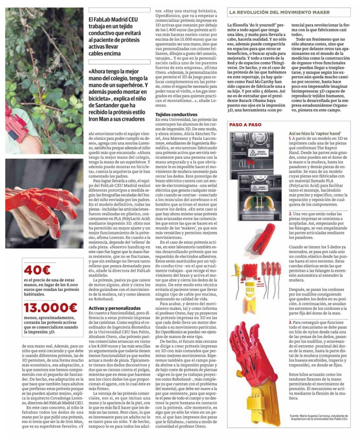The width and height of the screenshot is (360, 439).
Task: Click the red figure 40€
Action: [x=37, y=270]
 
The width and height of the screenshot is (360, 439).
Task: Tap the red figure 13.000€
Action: [x=51, y=308]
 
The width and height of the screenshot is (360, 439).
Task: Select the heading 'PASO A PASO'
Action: [x=245, y=125]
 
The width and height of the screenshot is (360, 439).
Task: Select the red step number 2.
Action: [x=290, y=214]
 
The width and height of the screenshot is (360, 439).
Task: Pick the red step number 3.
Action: [x=290, y=322]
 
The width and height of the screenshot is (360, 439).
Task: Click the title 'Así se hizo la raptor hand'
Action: [x=315, y=134]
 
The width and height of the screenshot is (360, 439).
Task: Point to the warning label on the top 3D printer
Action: [x=260, y=153]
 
